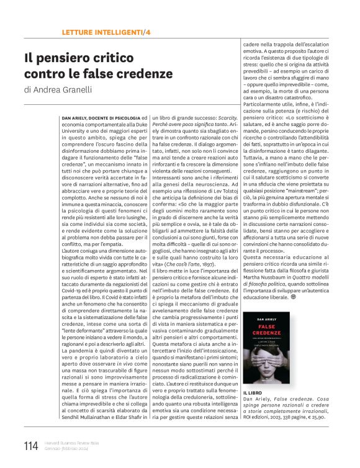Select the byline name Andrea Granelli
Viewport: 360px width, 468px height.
[63, 89]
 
